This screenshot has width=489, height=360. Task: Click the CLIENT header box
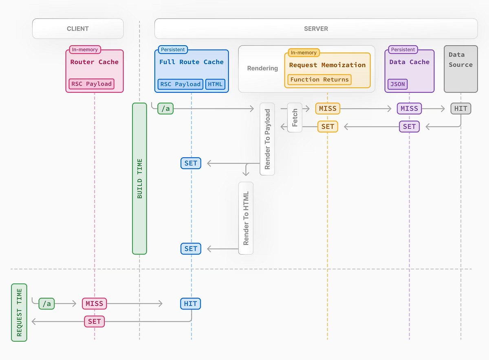(x=78, y=29)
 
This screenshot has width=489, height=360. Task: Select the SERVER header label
(x=316, y=29)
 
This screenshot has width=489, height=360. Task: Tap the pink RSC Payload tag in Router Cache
(x=91, y=84)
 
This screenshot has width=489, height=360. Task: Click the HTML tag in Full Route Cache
(x=215, y=84)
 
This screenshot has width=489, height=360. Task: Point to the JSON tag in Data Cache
(x=398, y=84)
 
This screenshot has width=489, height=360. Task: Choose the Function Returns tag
(x=319, y=79)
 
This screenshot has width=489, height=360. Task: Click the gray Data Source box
(x=460, y=69)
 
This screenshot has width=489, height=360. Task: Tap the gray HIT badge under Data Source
(x=461, y=109)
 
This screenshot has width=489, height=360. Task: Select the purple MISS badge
(x=409, y=109)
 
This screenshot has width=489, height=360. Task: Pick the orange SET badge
(x=328, y=127)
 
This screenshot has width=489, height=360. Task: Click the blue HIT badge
(x=191, y=304)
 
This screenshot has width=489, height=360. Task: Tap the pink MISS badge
(x=94, y=304)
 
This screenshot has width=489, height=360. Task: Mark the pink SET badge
(x=94, y=322)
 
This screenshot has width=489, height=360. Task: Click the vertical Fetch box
(x=295, y=117)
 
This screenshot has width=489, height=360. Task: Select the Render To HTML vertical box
(x=246, y=218)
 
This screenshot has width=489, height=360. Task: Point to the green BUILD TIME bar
(x=139, y=178)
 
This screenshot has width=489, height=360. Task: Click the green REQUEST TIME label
(x=19, y=312)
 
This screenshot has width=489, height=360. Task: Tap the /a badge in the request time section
(x=47, y=304)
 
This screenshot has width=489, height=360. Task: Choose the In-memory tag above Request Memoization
(x=304, y=53)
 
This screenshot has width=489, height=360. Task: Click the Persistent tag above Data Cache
(x=403, y=50)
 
